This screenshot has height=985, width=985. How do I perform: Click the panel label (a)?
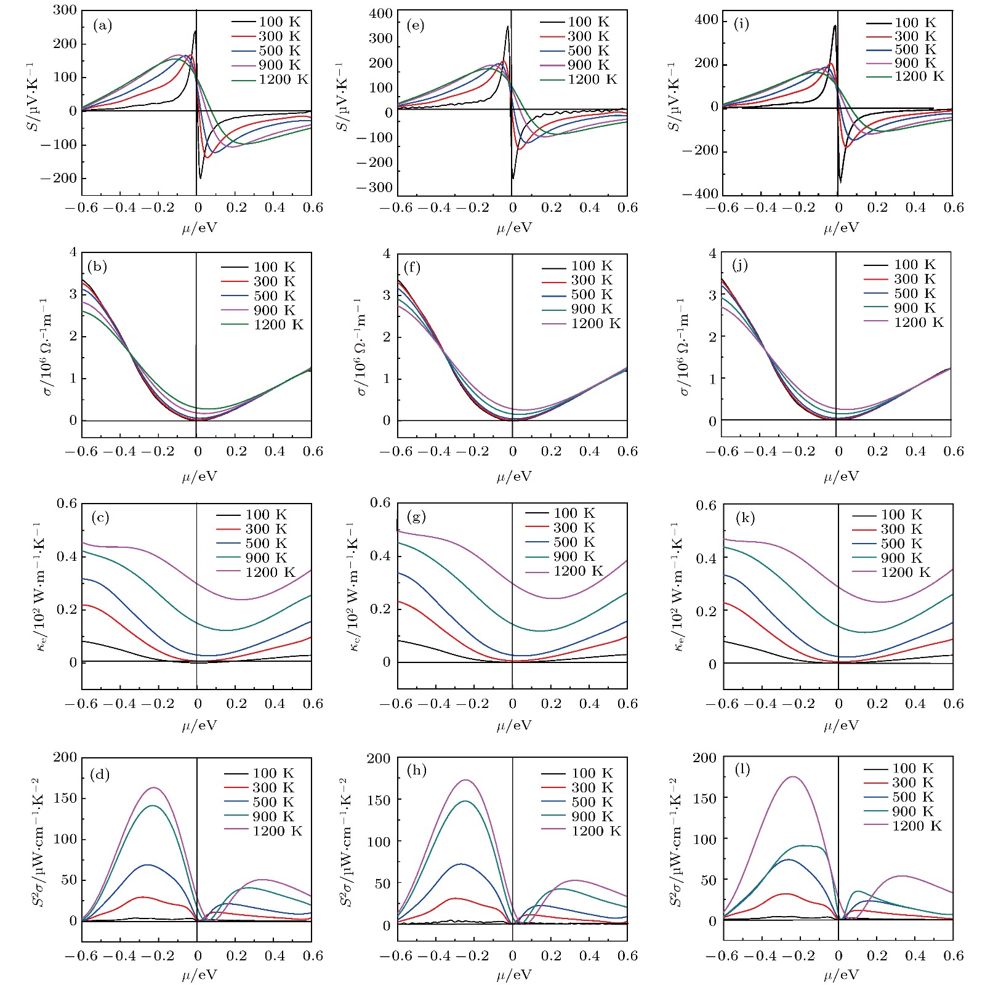(102, 26)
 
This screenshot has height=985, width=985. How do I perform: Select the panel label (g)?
(417, 517)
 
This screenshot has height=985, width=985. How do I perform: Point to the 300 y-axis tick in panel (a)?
(65, 10)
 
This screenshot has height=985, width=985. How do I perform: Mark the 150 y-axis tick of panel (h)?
(379, 800)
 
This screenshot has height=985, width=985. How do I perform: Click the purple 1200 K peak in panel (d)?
(154, 787)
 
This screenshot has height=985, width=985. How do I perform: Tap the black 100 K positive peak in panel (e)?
(508, 26)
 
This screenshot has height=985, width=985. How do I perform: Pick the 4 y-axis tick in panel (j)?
(713, 254)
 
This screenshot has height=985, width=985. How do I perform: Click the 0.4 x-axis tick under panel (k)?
(915, 704)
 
